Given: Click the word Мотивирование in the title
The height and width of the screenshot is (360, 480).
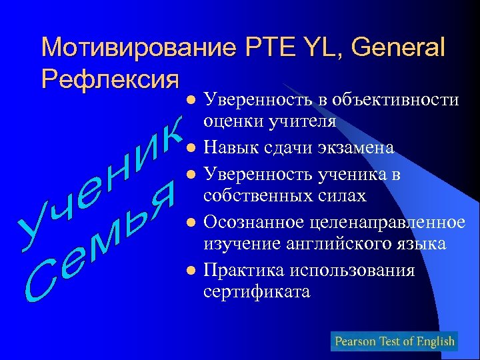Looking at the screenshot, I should pos(137,48).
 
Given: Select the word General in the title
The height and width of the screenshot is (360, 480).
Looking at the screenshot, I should pos(398,48).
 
